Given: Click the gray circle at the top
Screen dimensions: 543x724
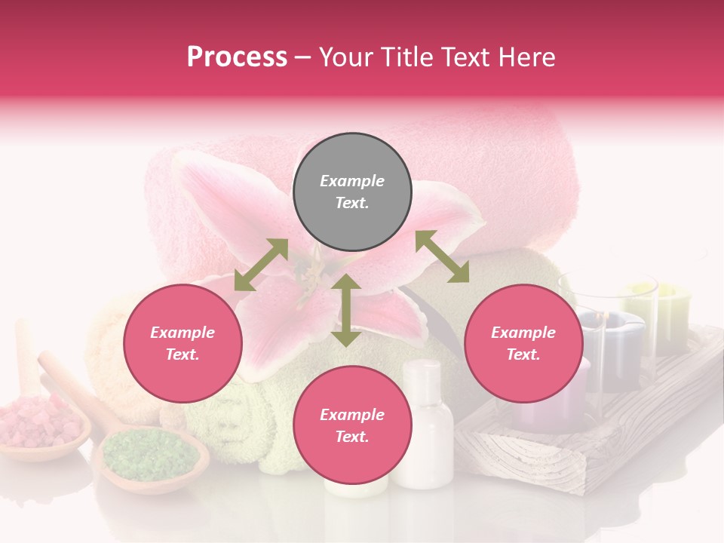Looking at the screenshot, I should coord(352,192).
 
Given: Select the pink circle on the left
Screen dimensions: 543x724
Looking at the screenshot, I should coord(183,344).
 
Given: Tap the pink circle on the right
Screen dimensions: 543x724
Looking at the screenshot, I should coord(523,344).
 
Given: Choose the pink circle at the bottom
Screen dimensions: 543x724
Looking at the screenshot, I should coord(352,425).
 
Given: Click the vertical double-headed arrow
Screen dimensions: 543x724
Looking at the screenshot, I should coord(346,311).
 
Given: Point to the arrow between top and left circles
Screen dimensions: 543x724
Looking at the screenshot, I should coord(261,265).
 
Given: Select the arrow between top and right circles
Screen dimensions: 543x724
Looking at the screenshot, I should coord(442,256).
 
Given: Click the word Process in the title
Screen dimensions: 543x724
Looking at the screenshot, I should coord(237,57).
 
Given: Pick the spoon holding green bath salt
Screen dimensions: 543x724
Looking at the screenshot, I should coord(150,457).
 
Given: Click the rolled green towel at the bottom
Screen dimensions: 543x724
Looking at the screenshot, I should coord(234,422).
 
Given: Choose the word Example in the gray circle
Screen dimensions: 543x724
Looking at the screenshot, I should coord(352,181).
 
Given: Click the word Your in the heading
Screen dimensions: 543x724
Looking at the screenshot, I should coord(343,57).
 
